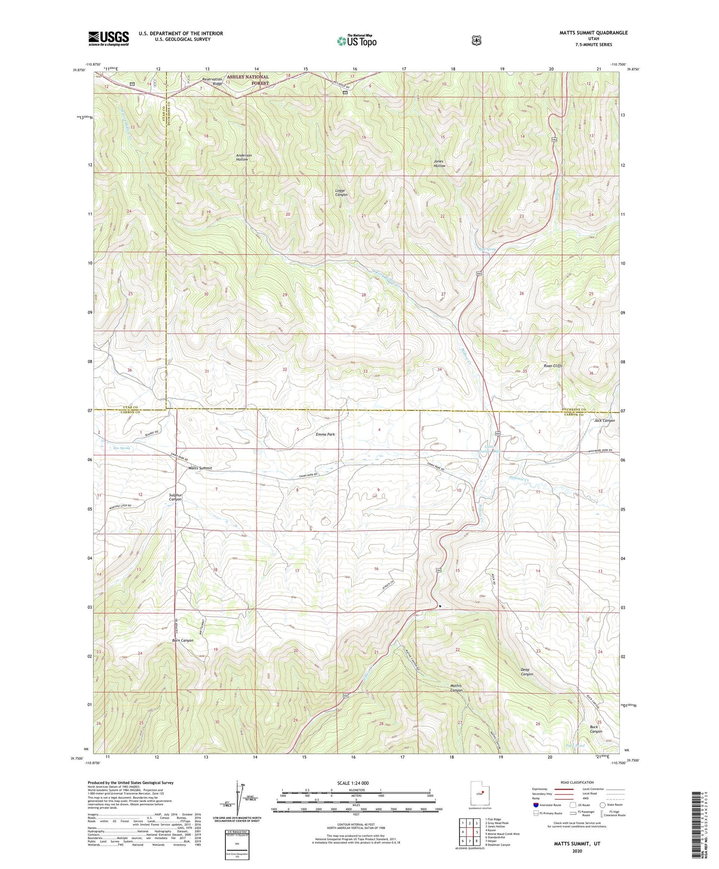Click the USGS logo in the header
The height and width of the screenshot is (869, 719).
109,38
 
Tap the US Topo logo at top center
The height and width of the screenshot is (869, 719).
357,41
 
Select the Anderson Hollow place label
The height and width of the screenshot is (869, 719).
244,157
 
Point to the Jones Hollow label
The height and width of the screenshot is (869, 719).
439,163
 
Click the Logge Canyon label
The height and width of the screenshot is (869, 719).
341,193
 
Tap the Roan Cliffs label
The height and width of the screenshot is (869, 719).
553,366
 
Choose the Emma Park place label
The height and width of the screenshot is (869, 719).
325,434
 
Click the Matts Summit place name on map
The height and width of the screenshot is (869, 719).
200,468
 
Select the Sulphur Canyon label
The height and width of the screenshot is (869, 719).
175,497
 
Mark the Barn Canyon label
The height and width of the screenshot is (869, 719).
183,640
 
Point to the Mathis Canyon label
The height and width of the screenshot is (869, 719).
456,688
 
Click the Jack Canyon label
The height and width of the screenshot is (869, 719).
604,420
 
